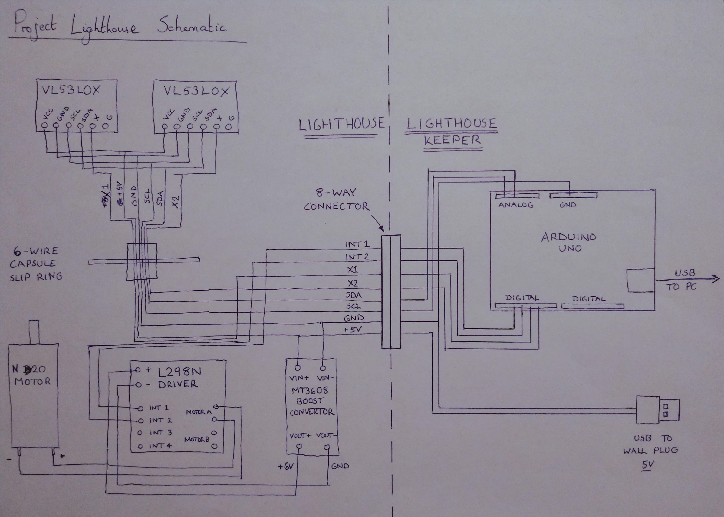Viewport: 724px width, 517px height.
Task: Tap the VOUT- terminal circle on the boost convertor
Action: pos(327,447)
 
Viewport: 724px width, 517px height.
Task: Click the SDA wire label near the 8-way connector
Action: pos(354,295)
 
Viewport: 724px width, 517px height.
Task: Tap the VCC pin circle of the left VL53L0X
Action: pos(45,125)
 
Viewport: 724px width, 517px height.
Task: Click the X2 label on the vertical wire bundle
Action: pos(176,202)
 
